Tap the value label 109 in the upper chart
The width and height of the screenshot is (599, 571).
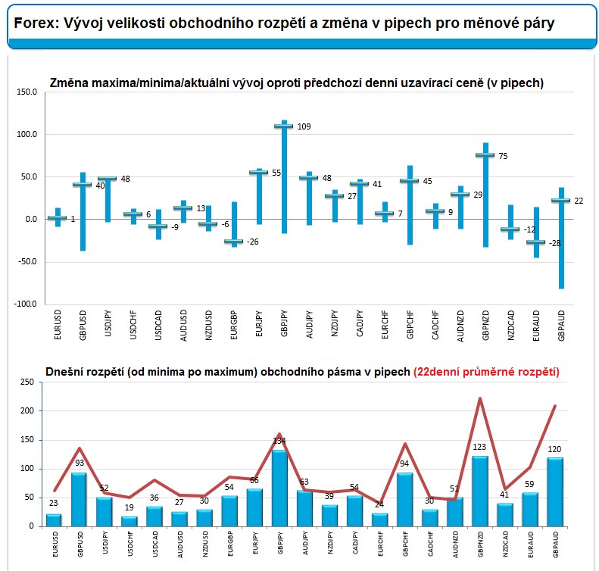point(304,126)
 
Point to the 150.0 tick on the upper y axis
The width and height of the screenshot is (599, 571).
point(27,92)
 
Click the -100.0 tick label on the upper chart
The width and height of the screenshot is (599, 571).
point(25,304)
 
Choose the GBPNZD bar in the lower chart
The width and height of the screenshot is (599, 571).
point(480,491)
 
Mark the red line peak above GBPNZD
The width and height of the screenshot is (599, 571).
point(480,398)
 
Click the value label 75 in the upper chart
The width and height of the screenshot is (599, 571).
point(503,156)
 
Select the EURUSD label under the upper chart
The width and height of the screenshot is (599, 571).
point(58,325)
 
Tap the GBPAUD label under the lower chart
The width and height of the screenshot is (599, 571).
point(556,544)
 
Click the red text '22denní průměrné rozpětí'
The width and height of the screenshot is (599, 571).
point(486,372)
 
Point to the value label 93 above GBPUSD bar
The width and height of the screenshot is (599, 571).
point(80,463)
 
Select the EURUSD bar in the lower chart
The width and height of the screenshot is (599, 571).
point(54,520)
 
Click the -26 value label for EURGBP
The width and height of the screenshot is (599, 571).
point(252,242)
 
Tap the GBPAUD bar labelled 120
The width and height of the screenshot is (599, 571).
point(555,492)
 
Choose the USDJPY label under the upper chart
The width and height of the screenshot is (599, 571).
point(108,323)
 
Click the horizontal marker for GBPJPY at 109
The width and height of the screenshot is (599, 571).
point(284,126)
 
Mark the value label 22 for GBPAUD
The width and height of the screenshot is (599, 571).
point(579,201)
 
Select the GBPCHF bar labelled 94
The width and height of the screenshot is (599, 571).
point(405,500)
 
